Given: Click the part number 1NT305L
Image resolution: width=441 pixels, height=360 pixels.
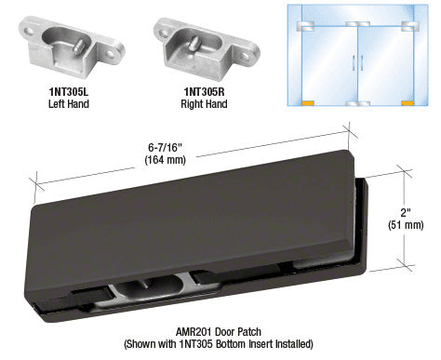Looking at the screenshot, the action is pyautogui.click(x=69, y=92).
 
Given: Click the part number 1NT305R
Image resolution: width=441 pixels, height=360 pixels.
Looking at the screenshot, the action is pyautogui.click(x=204, y=92).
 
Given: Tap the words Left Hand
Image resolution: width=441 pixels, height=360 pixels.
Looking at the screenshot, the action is pyautogui.click(x=69, y=103).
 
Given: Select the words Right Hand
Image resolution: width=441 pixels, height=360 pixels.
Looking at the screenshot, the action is pyautogui.click(x=204, y=103).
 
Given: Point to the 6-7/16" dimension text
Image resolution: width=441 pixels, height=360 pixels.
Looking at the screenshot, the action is pyautogui.click(x=165, y=148).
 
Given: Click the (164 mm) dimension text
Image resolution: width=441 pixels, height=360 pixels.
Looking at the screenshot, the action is pyautogui.click(x=165, y=160).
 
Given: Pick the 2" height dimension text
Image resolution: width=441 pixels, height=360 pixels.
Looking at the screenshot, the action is pyautogui.click(x=406, y=213).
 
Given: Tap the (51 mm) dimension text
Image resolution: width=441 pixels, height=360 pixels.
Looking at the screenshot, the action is pyautogui.click(x=406, y=225).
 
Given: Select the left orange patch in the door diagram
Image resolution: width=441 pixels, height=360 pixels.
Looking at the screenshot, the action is pyautogui.click(x=308, y=103).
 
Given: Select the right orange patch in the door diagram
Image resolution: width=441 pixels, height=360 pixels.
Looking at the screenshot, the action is pyautogui.click(x=408, y=103).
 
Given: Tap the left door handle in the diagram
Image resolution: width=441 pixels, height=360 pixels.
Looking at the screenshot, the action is pyautogui.click(x=354, y=63).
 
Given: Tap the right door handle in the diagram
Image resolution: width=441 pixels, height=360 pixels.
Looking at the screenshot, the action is pyautogui.click(x=362, y=63).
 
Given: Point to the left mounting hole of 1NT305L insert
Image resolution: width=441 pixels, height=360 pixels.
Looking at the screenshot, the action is pyautogui.click(x=30, y=31).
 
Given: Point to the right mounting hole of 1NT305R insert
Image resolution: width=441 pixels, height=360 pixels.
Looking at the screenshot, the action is pyautogui.click(x=245, y=56).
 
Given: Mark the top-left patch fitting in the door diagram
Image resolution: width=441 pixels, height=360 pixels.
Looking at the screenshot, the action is pyautogui.click(x=305, y=26).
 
